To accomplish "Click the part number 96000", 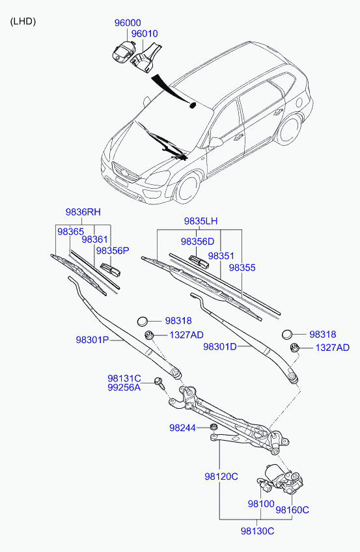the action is pyautogui.click(x=128, y=23).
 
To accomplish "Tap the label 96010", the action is pyautogui.click(x=145, y=34).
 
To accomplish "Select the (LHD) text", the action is pyautogui.click(x=23, y=21).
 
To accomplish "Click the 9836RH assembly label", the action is pyautogui.click(x=83, y=212).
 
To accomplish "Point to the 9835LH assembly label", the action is pyautogui.click(x=201, y=221).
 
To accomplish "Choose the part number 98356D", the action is pyautogui.click(x=197, y=241).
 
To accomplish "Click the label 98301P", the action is pyautogui.click(x=92, y=340).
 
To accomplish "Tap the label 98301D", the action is pyautogui.click(x=220, y=347).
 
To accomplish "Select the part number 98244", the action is pyautogui.click(x=182, y=428).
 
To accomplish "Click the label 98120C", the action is pyautogui.click(x=221, y=476).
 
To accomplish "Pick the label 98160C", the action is pyautogui.click(x=292, y=510).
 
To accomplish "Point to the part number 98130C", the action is pyautogui.click(x=257, y=531).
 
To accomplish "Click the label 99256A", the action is pyautogui.click(x=124, y=387).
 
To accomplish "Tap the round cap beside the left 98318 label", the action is pyautogui.click(x=142, y=321).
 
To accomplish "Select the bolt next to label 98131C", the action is pyautogui.click(x=159, y=383).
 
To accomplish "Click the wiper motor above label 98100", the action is pyautogui.click(x=280, y=478).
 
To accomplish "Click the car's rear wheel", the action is pyautogui.click(x=289, y=129).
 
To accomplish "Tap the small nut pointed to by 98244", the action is pyautogui.click(x=214, y=428).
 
